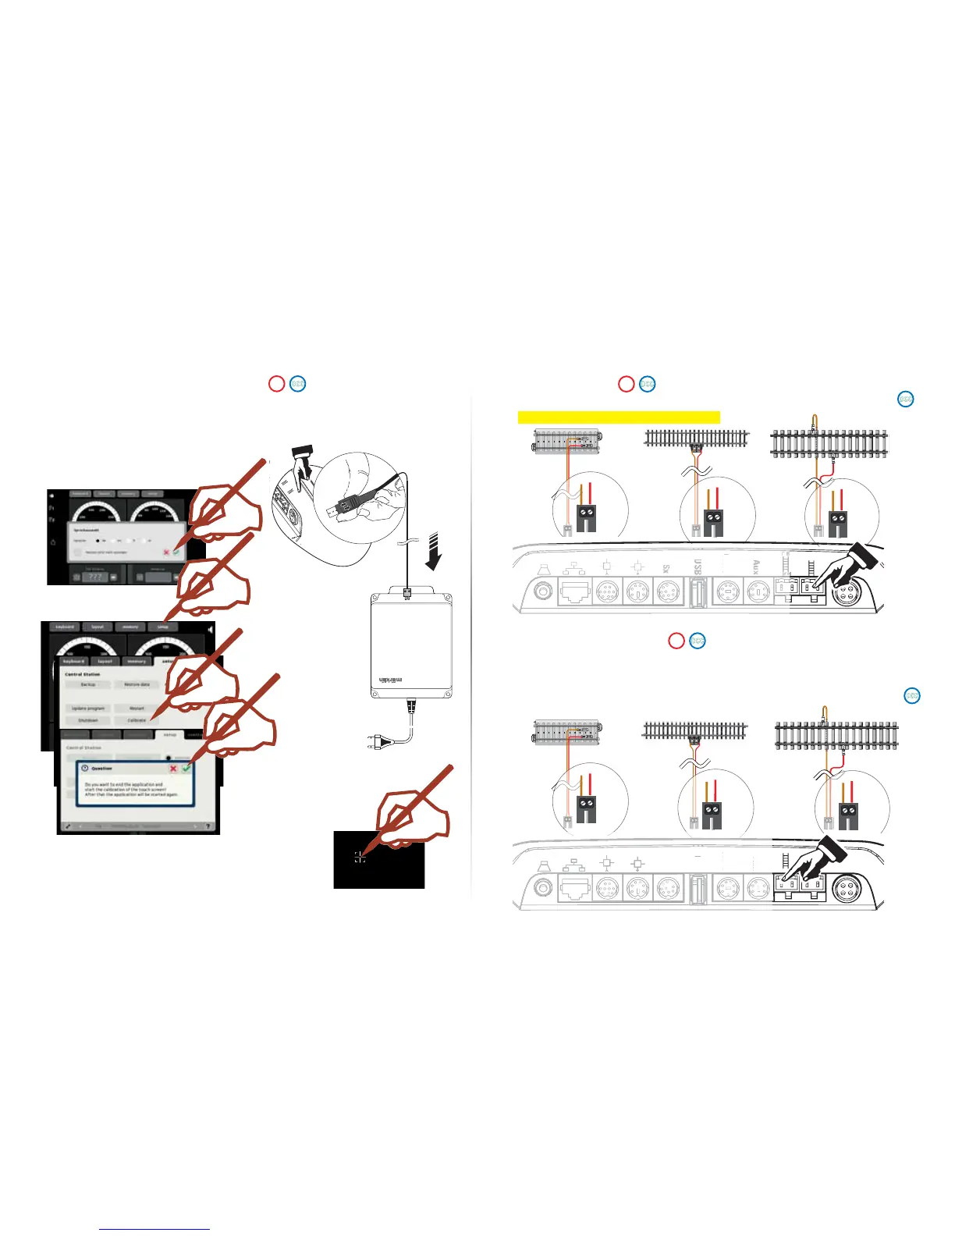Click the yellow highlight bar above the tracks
[x=619, y=417]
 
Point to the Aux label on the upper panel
[x=755, y=567]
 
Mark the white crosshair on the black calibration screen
[x=360, y=858]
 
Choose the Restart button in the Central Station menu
[x=137, y=709]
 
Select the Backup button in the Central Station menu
[x=88, y=684]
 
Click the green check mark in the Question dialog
[x=186, y=769]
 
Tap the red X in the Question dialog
[x=173, y=769]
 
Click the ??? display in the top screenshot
[x=96, y=577]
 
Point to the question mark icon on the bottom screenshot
[x=208, y=826]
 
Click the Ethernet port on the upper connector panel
[x=574, y=592]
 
